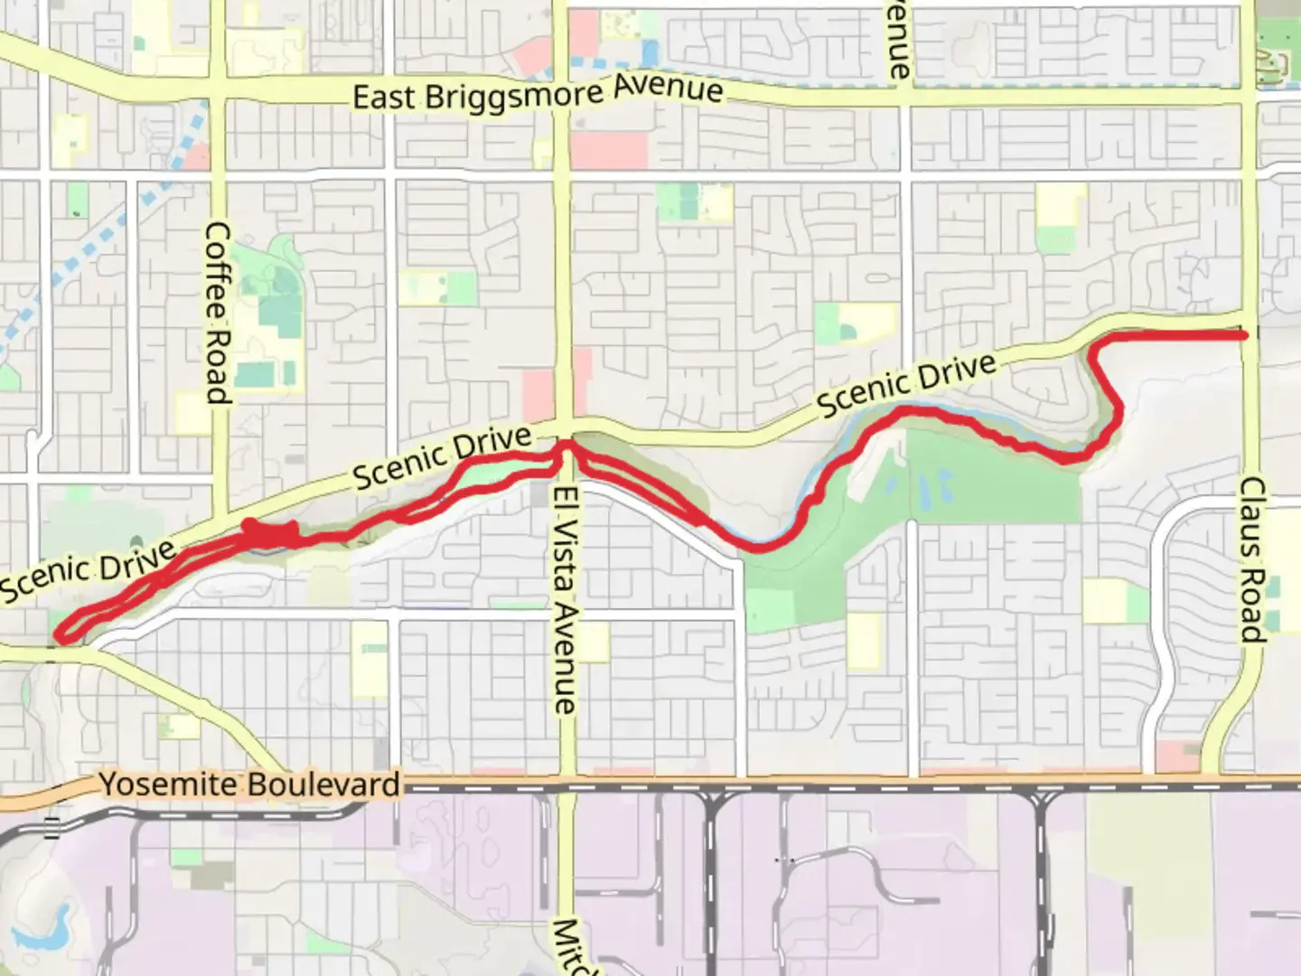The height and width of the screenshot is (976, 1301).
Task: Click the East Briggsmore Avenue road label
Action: click(x=538, y=93)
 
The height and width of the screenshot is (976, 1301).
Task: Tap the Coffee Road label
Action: click(x=217, y=313)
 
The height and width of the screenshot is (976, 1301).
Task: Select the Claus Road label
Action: click(x=1251, y=559)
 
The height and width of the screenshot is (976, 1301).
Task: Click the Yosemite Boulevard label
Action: click(x=249, y=784)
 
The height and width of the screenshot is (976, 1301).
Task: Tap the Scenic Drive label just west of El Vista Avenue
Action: click(x=442, y=459)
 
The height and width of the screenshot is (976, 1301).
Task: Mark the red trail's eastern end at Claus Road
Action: click(x=1244, y=335)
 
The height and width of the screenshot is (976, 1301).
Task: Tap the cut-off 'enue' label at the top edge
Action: click(x=897, y=41)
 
